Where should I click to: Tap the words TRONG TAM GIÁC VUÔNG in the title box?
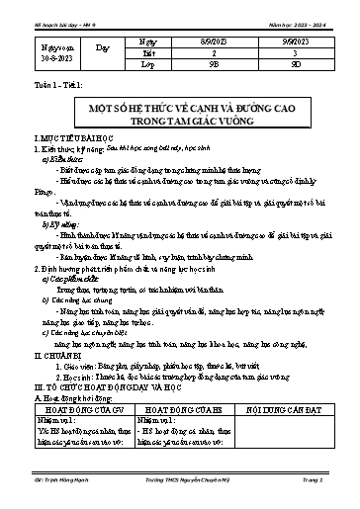(179, 120)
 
